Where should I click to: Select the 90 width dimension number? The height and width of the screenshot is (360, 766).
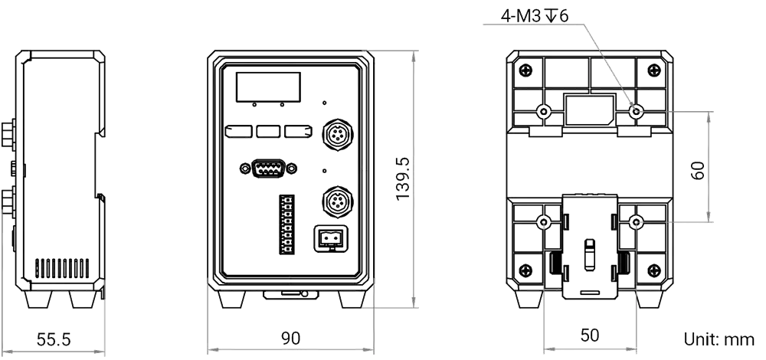point(290,338)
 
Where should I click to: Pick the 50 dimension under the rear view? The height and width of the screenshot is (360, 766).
point(590,335)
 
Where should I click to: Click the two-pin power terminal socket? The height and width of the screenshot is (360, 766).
point(331,239)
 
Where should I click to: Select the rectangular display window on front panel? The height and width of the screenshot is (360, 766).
point(267,86)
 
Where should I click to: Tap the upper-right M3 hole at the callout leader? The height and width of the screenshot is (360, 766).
point(635,112)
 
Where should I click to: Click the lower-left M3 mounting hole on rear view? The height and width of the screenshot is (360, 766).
point(543,223)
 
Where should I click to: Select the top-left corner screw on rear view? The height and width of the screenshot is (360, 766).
point(526,70)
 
